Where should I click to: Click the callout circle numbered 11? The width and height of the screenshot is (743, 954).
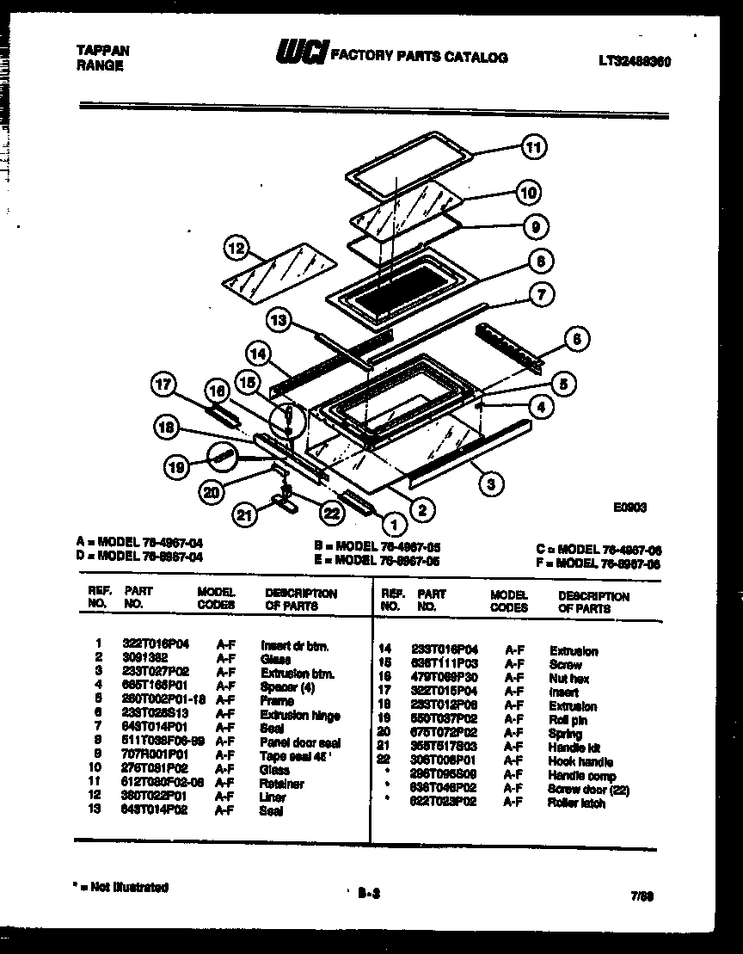click(534, 148)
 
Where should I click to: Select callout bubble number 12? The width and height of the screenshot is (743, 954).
click(235, 249)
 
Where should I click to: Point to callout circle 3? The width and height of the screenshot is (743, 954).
click(490, 483)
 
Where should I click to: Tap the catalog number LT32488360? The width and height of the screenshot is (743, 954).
click(635, 61)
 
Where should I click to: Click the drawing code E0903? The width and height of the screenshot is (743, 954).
click(629, 508)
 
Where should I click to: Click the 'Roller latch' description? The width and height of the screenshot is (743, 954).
click(575, 803)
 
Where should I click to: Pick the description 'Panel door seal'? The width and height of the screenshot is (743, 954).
click(300, 742)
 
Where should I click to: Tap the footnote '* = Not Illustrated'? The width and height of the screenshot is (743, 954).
click(122, 886)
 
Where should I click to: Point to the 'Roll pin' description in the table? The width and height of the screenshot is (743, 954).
click(568, 720)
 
